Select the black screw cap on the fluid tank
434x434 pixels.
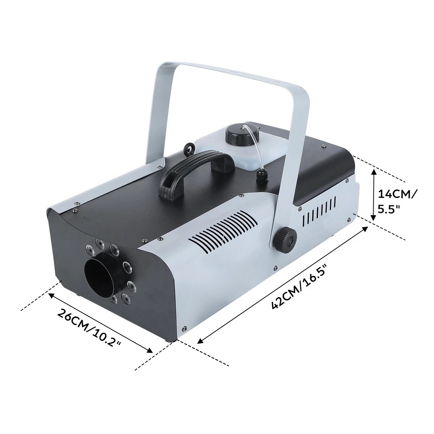coord(237,135)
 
